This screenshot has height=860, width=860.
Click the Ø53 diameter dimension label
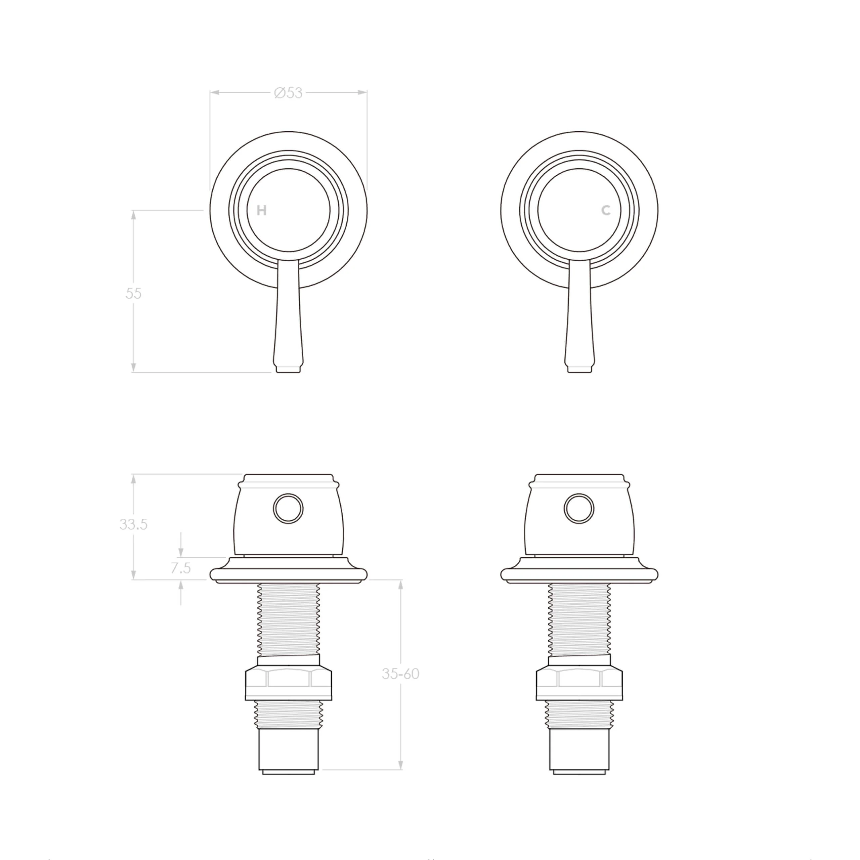[x=289, y=93]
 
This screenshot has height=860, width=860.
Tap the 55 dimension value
[x=133, y=293]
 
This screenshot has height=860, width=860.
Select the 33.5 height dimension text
[x=133, y=524]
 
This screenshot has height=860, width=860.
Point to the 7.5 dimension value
[x=181, y=568]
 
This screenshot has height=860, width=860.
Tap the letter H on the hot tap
[x=262, y=211]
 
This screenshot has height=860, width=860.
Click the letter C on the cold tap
[x=606, y=211]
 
